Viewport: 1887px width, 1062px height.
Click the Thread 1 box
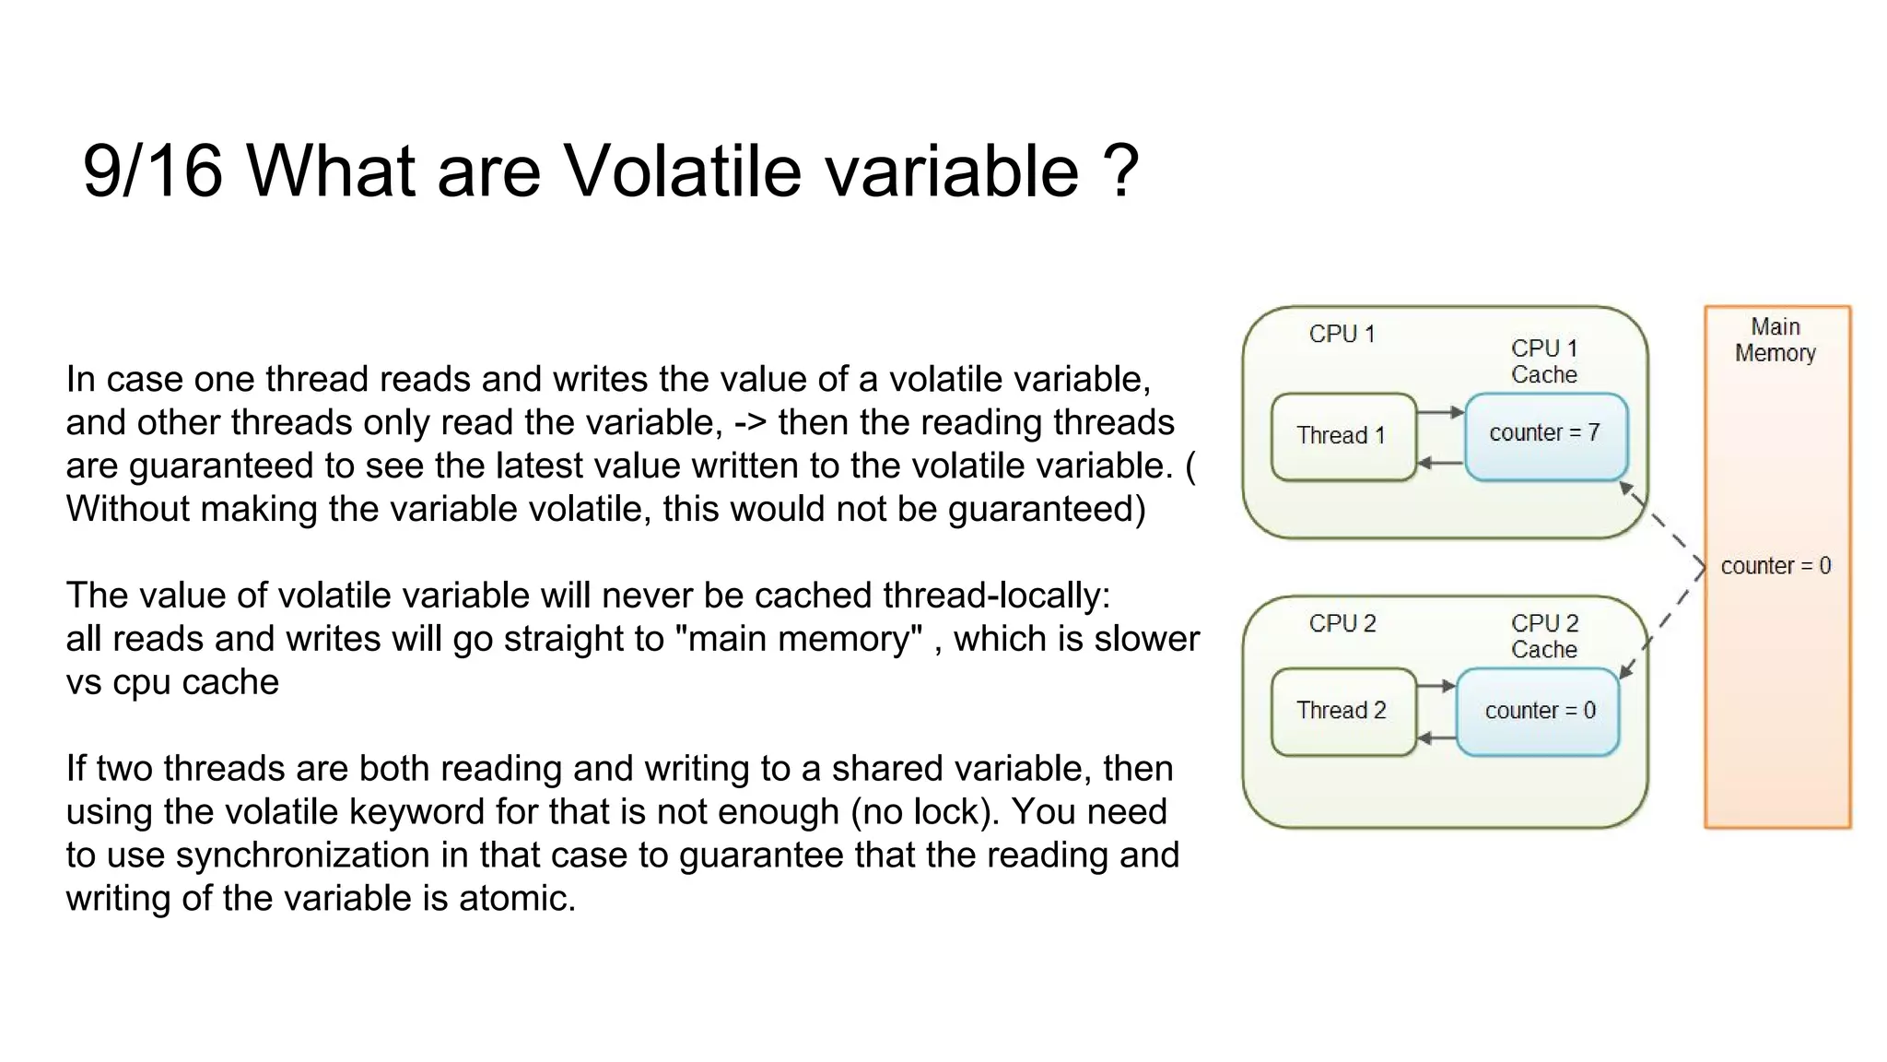pos(1342,436)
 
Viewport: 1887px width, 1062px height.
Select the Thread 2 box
pos(1342,711)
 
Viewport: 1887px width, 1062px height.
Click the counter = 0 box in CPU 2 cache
pos(1538,711)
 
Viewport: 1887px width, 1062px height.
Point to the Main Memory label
pos(1775,340)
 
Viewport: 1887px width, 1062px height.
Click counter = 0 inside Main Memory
pos(1776,566)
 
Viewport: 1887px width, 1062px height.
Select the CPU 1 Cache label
pos(1544,361)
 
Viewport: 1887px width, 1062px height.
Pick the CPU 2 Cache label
pos(1544,636)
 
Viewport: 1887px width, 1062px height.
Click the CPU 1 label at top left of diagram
pos(1342,334)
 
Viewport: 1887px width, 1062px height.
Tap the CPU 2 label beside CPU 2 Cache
pos(1342,623)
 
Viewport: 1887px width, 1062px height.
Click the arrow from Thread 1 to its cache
pos(1440,412)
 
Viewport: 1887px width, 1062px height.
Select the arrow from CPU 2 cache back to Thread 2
pos(1436,738)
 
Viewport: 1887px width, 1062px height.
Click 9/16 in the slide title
pos(152,171)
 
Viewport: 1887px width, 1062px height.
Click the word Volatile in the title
pos(683,171)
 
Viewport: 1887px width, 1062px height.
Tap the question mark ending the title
pos(1120,171)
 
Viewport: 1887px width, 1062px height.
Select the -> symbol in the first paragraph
pos(750,423)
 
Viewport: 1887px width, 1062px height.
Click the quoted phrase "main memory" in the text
pos(800,639)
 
